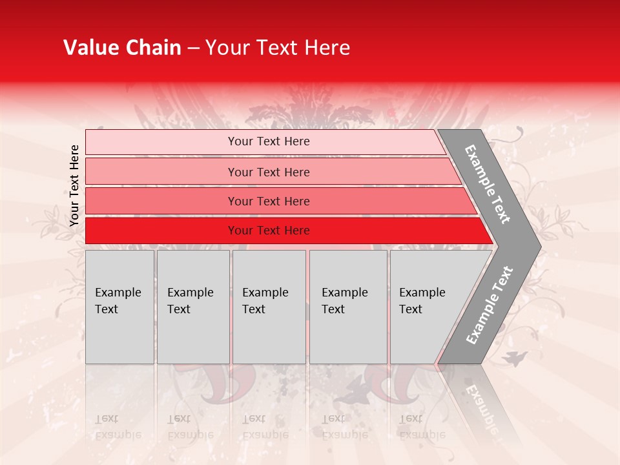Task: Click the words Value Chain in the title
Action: point(122,48)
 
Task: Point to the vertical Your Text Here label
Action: point(74,185)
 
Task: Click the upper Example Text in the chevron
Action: point(488,184)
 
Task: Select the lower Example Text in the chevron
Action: point(490,305)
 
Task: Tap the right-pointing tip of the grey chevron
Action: point(536,246)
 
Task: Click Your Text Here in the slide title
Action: point(278,48)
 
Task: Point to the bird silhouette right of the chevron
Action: point(517,358)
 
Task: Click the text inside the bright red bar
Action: point(269,231)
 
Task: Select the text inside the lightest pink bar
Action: point(269,141)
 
